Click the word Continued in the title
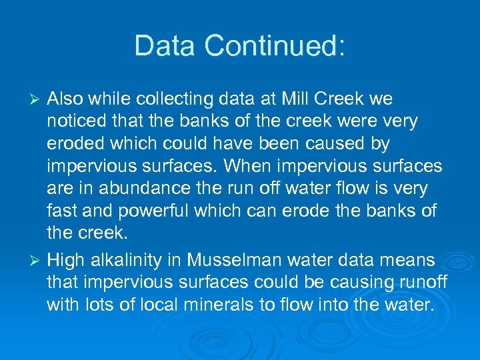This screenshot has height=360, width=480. click(x=275, y=46)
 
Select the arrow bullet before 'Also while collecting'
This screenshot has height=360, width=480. click(x=37, y=99)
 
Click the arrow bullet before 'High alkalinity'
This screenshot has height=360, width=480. click(x=37, y=260)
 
